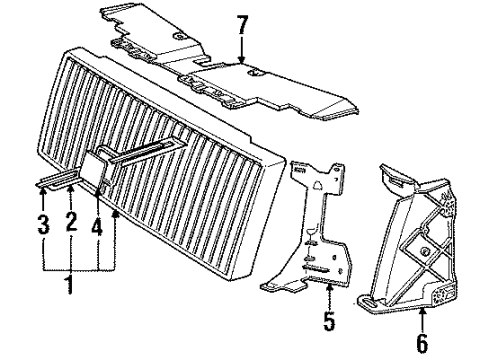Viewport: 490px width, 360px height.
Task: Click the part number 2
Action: (71, 221)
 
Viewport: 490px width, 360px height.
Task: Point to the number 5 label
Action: (330, 324)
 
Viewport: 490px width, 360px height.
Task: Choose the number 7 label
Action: (240, 22)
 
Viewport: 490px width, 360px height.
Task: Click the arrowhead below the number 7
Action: (240, 62)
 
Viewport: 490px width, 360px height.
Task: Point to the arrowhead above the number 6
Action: (422, 309)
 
